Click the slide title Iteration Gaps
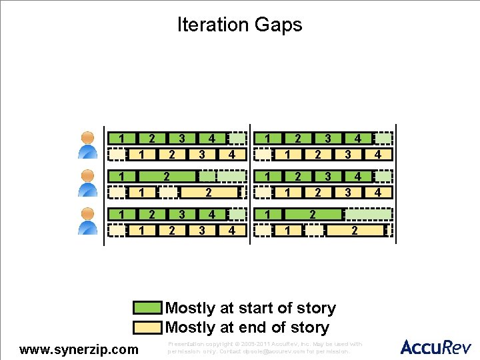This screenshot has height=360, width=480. click(239, 25)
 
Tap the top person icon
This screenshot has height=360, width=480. click(87, 145)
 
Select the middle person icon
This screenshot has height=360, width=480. click(87, 183)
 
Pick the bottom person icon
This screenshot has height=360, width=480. click(87, 221)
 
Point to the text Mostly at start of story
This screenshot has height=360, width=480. click(250, 308)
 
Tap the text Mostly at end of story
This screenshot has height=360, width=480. click(247, 327)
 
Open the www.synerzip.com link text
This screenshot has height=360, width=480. click(79, 349)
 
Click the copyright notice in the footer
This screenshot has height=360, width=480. click(265, 347)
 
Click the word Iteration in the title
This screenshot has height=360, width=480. click(212, 25)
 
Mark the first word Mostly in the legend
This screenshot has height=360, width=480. click(189, 308)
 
